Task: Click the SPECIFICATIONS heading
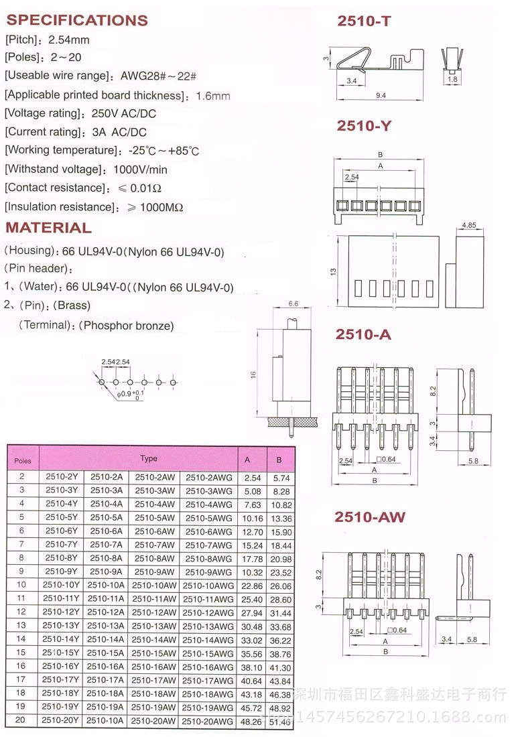pyautogui.click(x=77, y=20)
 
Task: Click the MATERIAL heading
pyautogui.click(x=48, y=228)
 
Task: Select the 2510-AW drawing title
pyautogui.click(x=370, y=517)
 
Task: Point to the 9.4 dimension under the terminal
pyautogui.click(x=381, y=96)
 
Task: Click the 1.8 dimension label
pyautogui.click(x=452, y=80)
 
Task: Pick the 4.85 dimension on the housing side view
pyautogui.click(x=468, y=226)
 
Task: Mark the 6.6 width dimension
pyautogui.click(x=293, y=304)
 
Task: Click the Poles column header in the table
pyautogui.click(x=23, y=461)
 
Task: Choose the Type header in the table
pyautogui.click(x=149, y=458)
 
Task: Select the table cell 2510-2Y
pyautogui.click(x=62, y=477)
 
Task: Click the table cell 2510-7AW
pyautogui.click(x=154, y=545)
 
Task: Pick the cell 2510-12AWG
pyautogui.click(x=208, y=612)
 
